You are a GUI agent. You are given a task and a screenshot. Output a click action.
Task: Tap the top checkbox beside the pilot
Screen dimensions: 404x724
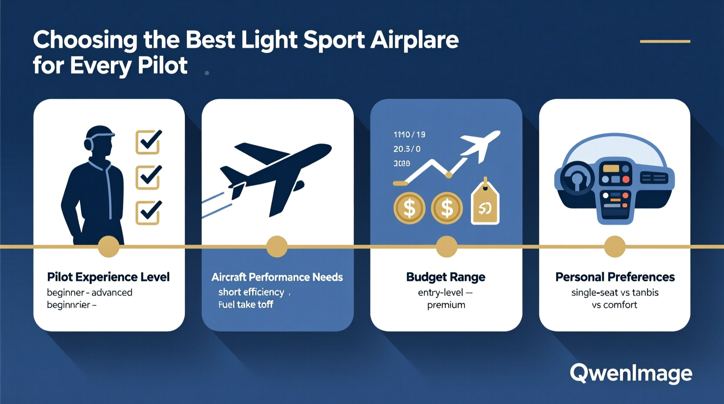148,142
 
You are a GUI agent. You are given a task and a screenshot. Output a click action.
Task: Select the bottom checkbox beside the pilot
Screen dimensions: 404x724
148,212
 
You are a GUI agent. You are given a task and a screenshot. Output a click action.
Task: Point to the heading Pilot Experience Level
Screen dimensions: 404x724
108,277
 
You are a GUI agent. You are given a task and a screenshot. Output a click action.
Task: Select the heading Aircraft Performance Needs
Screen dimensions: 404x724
277,277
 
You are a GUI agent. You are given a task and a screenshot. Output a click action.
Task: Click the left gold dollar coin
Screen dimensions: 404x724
409,208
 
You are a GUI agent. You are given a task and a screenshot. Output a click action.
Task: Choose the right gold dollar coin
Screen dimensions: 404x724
446,208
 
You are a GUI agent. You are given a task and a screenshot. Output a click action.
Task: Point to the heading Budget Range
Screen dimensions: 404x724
446,277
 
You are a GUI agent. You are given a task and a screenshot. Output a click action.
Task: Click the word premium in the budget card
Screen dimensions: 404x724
446,305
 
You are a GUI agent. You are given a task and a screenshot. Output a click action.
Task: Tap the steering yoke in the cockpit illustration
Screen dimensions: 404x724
577,178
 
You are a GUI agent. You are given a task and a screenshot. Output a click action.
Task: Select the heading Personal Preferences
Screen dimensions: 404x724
615,277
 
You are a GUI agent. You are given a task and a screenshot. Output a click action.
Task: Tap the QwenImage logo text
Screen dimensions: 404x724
631,374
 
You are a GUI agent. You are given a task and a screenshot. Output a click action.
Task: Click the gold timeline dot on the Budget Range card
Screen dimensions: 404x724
446,247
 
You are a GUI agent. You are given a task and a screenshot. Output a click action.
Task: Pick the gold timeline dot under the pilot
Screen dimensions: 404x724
108,247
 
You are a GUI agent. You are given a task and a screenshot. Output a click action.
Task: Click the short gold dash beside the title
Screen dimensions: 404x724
665,41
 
